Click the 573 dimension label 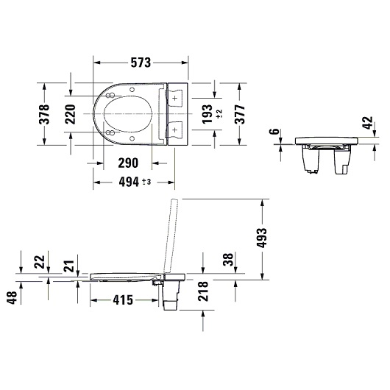pyautogui.click(x=141, y=63)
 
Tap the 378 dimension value pyautogui.click(x=45, y=114)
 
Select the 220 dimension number pyautogui.click(x=70, y=114)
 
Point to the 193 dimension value pyautogui.click(x=208, y=114)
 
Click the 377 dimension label pyautogui.click(x=240, y=114)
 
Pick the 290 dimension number pyautogui.click(x=128, y=163)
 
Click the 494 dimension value pyautogui.click(x=129, y=182)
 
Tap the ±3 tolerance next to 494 pyautogui.click(x=146, y=182)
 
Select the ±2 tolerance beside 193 pyautogui.click(x=219, y=114)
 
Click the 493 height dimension pyautogui.click(x=261, y=238)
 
